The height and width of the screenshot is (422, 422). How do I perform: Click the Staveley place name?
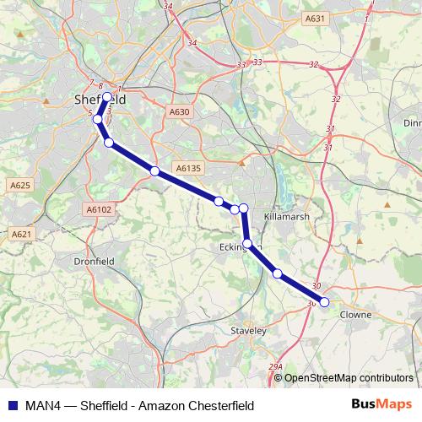(248, 333)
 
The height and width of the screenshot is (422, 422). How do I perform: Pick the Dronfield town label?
(94, 262)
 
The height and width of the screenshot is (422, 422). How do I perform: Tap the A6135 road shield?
(188, 169)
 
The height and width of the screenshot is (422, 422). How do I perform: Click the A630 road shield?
(179, 111)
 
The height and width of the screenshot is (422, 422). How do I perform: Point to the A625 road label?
(20, 185)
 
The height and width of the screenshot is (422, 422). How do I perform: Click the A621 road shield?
(21, 234)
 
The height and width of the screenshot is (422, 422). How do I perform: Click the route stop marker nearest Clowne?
(324, 301)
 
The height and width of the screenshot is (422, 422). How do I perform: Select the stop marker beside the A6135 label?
(154, 171)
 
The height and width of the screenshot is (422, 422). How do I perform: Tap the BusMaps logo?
(381, 403)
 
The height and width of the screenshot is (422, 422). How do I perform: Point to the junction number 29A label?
(275, 366)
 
